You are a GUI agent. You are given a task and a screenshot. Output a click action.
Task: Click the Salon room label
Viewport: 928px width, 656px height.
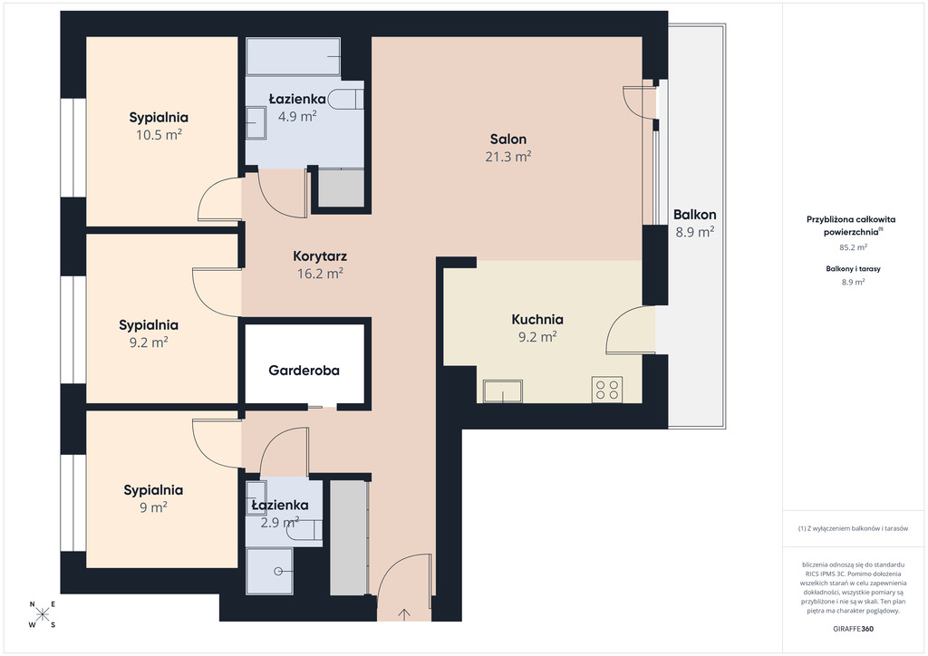click(507, 139)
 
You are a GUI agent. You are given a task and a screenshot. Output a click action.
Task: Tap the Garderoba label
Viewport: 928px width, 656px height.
click(304, 371)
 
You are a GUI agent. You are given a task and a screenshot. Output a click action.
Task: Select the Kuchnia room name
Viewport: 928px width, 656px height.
click(537, 320)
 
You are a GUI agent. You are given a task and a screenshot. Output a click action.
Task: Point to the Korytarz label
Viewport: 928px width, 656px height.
click(320, 256)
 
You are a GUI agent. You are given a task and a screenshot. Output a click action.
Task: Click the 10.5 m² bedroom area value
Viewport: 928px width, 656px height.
click(159, 135)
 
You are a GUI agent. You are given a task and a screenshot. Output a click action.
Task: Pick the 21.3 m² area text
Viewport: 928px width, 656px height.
click(507, 156)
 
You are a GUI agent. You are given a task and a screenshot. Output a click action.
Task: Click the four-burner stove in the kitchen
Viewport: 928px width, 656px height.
click(606, 390)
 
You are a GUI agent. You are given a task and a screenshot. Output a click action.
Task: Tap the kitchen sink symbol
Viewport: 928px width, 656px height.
click(502, 391)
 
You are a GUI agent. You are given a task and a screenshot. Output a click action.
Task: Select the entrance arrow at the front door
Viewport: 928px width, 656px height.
click(404, 614)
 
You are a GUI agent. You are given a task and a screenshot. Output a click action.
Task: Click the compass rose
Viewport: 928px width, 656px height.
click(43, 614)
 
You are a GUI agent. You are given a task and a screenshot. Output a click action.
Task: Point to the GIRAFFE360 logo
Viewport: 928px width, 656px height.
click(853, 629)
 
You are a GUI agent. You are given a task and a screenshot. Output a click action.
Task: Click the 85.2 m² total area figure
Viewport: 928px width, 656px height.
click(853, 247)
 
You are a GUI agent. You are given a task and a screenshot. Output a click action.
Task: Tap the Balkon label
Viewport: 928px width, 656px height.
click(695, 215)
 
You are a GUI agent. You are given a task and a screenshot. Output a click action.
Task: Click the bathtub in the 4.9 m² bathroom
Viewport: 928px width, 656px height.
click(293, 57)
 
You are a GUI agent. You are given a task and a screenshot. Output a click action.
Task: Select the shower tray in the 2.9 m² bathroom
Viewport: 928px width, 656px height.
click(270, 572)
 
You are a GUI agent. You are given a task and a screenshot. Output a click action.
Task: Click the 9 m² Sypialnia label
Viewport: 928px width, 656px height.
click(153, 490)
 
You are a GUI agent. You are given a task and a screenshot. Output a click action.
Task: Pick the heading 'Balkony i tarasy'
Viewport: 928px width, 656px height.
click(853, 268)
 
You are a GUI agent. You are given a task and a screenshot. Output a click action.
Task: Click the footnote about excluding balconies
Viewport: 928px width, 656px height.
click(853, 528)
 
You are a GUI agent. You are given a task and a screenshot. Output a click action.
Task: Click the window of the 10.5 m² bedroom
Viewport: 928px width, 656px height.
click(73, 148)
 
